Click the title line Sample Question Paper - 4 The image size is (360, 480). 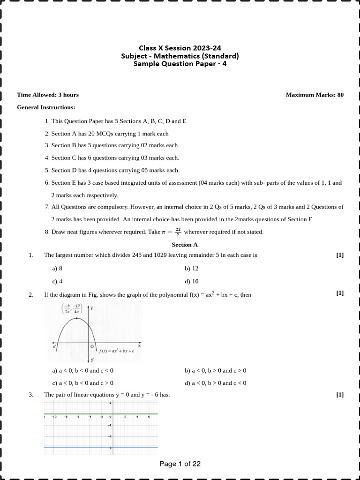pos(180,64)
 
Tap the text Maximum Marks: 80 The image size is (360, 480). pos(315,95)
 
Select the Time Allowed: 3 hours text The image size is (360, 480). pos(48,95)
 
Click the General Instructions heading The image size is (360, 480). pos(46,107)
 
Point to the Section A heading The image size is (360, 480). pos(185,245)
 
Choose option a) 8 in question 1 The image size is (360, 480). pos(58,269)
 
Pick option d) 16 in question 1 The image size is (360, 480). pos(192,281)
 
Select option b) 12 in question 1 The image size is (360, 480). pos(192,269)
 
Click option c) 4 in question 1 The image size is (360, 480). pos(58,281)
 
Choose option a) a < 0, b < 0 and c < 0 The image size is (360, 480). pos(83,370)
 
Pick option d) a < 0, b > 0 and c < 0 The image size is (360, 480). pos(216,383)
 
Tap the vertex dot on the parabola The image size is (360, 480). pos(76,318)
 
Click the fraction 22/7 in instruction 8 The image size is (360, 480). pos(178,232)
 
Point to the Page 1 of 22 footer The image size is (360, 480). pos(180,464)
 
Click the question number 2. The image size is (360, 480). pos(31,295)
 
